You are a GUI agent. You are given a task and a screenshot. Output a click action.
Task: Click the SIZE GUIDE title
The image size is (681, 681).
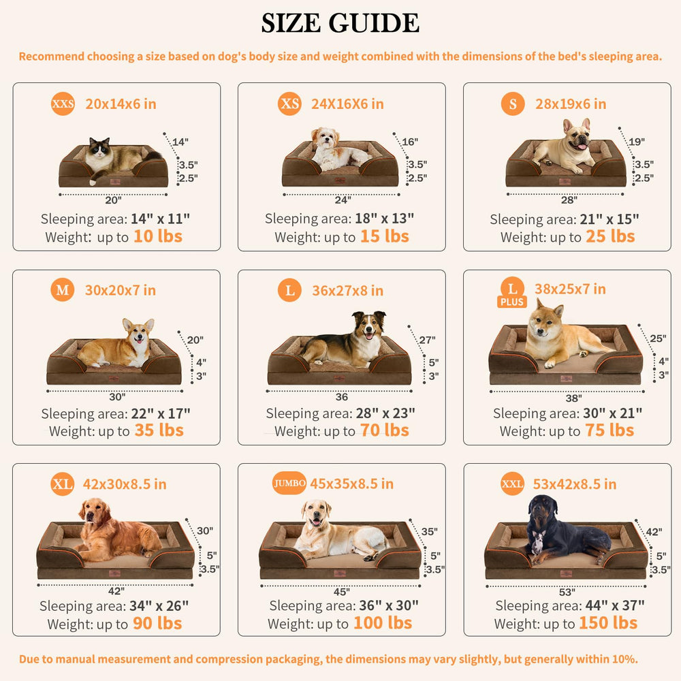(340, 23)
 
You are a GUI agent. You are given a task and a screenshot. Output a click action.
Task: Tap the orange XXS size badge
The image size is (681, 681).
(63, 104)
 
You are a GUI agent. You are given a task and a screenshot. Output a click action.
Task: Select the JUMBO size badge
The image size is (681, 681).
(289, 484)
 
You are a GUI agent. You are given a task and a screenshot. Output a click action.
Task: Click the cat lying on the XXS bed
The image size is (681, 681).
(119, 159)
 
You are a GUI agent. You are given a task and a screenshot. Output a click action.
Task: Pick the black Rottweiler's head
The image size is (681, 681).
(541, 509)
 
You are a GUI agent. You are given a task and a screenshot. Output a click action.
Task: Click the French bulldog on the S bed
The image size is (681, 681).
(565, 148)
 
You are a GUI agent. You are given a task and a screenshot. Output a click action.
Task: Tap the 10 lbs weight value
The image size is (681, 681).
(158, 236)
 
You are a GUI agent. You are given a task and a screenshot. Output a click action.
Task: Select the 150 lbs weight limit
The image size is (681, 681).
(608, 623)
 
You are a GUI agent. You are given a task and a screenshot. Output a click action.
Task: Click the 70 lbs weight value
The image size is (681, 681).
(384, 430)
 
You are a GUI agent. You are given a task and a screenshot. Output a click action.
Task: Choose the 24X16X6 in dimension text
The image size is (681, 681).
(347, 104)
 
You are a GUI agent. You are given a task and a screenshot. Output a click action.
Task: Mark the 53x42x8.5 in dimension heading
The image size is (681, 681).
(575, 484)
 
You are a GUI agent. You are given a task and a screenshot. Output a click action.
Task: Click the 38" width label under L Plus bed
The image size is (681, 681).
(573, 398)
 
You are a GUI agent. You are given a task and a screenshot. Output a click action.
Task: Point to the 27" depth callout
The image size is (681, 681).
(428, 340)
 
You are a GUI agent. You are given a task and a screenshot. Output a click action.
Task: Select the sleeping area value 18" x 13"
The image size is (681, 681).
(384, 218)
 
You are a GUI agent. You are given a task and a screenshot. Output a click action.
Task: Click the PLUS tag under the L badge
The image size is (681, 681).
(512, 302)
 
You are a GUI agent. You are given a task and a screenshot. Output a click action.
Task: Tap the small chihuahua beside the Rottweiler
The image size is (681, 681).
(538, 541)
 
